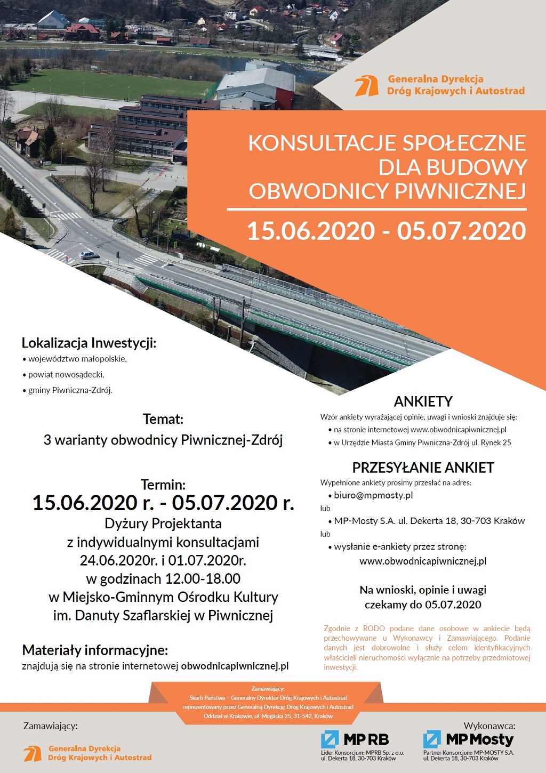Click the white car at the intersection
coord(89,255)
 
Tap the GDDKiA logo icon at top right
coord(367,86)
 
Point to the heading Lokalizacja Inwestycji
coord(89,343)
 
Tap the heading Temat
coord(163,419)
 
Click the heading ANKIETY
coord(423,401)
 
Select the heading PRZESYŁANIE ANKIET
coord(423,468)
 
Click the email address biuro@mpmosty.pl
coord(373,495)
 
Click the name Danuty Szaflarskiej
coord(133,615)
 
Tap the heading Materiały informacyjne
coord(95,650)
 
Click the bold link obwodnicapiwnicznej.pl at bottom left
coord(235,666)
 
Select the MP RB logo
coord(355,739)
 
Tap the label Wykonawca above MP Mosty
coord(489,726)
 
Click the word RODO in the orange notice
coord(373,629)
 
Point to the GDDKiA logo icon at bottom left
coord(33,753)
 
